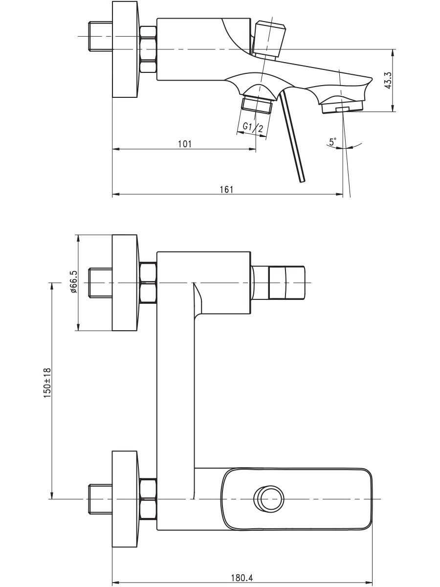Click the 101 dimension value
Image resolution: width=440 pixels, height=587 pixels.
click(185, 144)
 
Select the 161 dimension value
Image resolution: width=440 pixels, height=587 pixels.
click(226, 190)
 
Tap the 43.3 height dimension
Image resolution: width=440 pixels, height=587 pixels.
click(387, 80)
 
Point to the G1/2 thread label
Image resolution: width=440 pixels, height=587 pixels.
click(253, 127)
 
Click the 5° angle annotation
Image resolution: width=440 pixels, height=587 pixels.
click(333, 141)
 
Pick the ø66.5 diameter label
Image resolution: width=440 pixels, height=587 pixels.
click(73, 282)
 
